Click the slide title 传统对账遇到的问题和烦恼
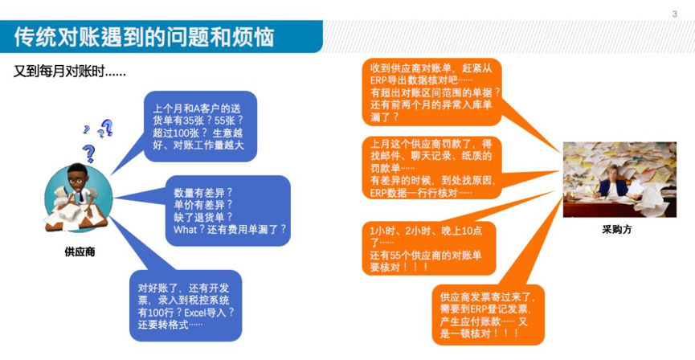[x=144, y=37]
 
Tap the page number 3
[x=675, y=14]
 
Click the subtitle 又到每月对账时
[x=70, y=72]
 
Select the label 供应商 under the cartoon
[x=80, y=252]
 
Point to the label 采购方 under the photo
[x=616, y=230]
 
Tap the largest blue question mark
[x=88, y=153]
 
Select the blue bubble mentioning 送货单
[x=200, y=126]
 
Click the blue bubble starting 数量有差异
[x=228, y=211]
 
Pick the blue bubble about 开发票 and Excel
[x=186, y=306]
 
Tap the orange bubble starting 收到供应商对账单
[x=432, y=92]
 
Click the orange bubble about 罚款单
[x=432, y=168]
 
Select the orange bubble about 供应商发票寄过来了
[x=488, y=315]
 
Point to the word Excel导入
[x=205, y=312]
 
